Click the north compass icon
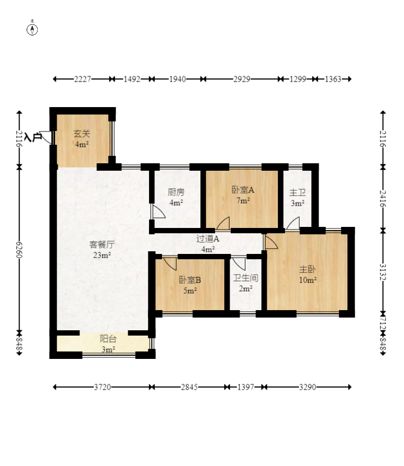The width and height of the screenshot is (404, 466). pos(32,29)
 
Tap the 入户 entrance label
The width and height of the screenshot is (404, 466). pos(33,137)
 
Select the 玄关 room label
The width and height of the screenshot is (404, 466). pos(81,134)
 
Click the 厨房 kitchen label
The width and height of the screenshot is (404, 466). pos(176,192)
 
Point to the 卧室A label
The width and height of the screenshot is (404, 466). pos(243,190)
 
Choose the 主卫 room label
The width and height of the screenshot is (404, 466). pos(297,194)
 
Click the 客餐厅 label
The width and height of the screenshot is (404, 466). pos(102,245)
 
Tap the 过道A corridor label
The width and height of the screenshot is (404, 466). pos(208,239)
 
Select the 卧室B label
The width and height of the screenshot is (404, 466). pos(190,280)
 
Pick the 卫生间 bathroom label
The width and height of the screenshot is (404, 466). pos(245,278)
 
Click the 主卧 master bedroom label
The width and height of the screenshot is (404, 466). pos(308,269)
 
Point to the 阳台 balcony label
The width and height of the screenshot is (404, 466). pos(108,339)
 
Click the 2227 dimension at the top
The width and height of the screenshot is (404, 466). pos(83,79)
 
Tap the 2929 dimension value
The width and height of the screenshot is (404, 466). pos(242,79)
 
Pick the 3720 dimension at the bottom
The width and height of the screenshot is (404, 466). pos(102,387)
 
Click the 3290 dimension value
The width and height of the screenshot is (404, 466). pos(308,387)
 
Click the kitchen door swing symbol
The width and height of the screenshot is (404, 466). pos(158,212)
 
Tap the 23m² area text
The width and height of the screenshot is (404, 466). pos(102,255)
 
